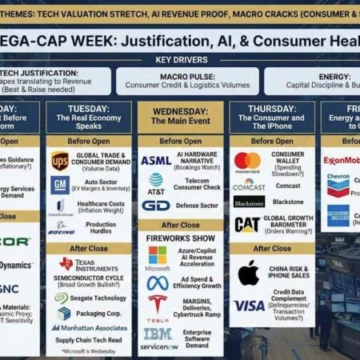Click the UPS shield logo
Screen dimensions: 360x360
[59, 160]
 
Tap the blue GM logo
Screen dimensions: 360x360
[59, 185]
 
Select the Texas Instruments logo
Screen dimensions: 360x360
[66, 265]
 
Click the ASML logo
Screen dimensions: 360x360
[156, 160]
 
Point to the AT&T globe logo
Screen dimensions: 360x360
[155, 182]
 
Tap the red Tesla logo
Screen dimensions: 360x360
[158, 305]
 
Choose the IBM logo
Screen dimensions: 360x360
[158, 333]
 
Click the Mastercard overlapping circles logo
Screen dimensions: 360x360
[247, 161]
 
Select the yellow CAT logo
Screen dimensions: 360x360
[246, 224]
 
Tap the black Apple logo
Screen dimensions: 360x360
[248, 273]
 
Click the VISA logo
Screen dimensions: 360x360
[248, 306]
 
